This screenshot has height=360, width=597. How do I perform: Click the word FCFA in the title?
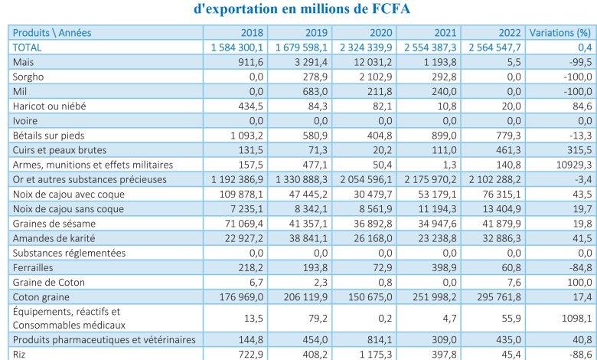(390, 8)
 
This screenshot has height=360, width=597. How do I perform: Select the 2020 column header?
(380, 33)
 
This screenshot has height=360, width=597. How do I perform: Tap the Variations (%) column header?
(560, 33)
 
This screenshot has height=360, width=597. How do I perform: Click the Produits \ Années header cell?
(52, 33)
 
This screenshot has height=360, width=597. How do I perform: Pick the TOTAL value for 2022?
(494, 47)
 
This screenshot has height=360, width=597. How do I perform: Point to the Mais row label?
(23, 62)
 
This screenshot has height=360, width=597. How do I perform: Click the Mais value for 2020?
(373, 62)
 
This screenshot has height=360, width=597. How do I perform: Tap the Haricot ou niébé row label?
(49, 106)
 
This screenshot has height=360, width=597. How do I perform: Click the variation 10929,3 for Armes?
(574, 165)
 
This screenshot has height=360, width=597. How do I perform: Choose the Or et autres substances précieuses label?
(90, 180)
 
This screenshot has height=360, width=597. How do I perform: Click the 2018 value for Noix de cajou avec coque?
(241, 195)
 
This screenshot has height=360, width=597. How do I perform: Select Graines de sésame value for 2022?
(502, 224)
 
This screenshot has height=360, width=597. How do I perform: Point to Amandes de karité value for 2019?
(308, 238)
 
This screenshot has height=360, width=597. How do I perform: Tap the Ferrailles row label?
(33, 268)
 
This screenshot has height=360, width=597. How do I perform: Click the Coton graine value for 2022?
(499, 297)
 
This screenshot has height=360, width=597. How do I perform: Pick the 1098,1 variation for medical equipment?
(577, 318)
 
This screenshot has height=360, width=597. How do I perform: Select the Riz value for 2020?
(376, 355)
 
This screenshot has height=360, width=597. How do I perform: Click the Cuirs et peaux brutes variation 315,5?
(580, 150)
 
